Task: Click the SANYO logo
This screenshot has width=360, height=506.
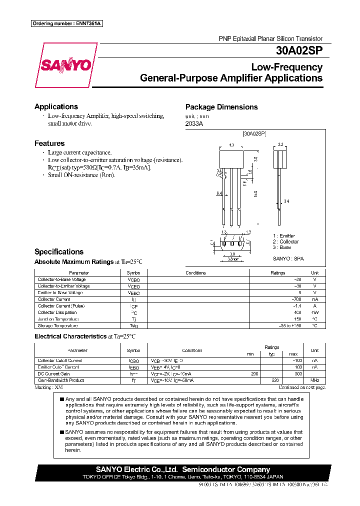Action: pos(65,65)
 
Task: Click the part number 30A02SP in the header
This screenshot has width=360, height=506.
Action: pos(299,50)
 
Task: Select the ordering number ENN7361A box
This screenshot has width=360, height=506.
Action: pos(66,23)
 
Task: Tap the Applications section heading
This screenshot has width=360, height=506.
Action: pos(56,106)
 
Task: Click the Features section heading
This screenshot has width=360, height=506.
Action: pos(49,143)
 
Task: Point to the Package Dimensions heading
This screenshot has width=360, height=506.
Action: pos(221,107)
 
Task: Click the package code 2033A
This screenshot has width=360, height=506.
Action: pos(194,123)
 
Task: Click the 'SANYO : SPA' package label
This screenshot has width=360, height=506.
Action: pos(288,258)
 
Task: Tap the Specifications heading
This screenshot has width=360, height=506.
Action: pos(58,251)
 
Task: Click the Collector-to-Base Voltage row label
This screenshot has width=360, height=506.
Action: pos(61,279)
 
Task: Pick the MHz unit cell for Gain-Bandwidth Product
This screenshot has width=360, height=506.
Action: pos(314,380)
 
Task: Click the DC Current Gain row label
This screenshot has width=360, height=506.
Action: pos(53,373)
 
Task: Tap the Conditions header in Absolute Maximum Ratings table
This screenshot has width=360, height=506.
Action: pos(195,273)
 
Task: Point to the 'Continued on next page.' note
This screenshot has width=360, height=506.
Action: pos(301,387)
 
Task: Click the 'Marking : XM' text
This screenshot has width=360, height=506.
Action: pos(48,387)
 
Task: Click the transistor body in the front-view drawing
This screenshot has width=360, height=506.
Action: pos(231,160)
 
